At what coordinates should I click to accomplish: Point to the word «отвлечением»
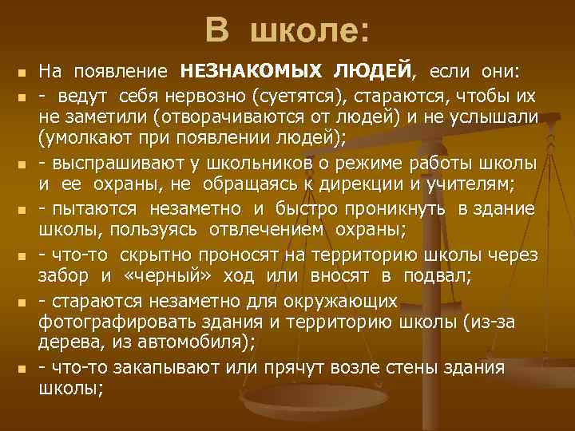267,230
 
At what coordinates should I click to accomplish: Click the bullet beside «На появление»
19,73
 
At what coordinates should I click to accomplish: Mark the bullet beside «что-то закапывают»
19,370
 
